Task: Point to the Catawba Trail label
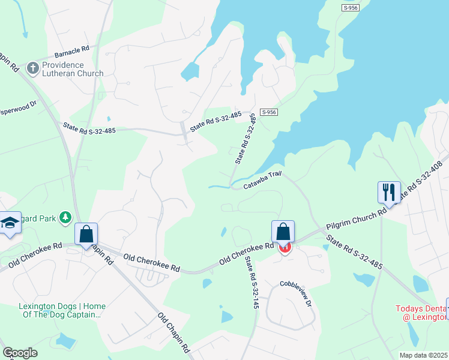[262, 181]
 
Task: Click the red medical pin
[285, 247]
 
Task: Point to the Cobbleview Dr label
[295, 293]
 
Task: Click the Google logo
[20, 353]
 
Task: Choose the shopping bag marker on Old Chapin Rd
[86, 235]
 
